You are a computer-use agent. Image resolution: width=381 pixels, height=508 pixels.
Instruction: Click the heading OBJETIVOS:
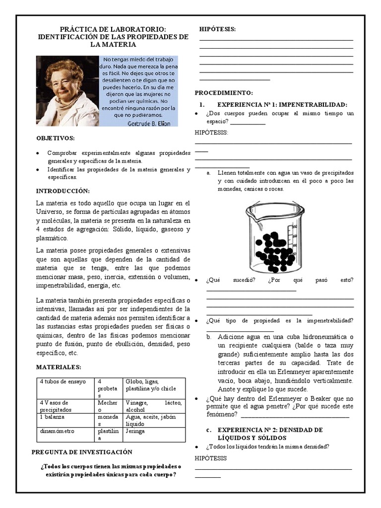(x=56, y=138)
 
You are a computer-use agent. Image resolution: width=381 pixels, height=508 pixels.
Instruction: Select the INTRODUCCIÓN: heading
(x=63, y=191)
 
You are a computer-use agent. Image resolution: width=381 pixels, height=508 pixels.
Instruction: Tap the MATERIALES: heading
(x=59, y=367)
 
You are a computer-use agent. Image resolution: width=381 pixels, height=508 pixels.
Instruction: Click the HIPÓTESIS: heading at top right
(x=217, y=30)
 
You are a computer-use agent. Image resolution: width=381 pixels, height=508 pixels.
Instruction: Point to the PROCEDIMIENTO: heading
(x=224, y=93)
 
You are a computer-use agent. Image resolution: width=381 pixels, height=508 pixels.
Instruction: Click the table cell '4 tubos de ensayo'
(x=63, y=381)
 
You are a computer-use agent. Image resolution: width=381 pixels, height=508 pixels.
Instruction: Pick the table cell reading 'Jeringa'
(x=135, y=431)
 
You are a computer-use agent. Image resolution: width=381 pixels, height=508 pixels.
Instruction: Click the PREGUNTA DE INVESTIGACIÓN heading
(x=82, y=452)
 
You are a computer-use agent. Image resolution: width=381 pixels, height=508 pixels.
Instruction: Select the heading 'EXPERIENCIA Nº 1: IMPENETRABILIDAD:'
(x=282, y=105)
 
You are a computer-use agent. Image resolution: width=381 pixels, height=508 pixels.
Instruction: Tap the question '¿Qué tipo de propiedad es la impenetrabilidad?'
(x=280, y=320)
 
